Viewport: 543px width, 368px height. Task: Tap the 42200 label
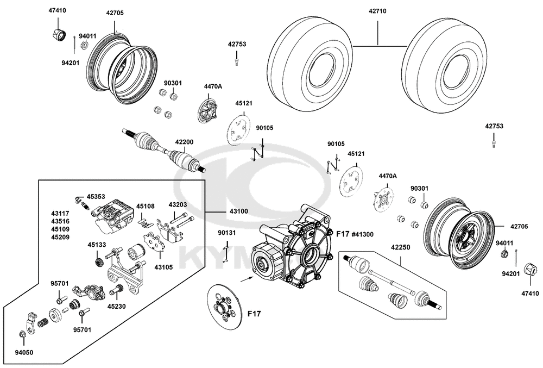pyautogui.click(x=184, y=142)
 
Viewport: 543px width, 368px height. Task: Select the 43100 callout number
pyautogui.click(x=234, y=211)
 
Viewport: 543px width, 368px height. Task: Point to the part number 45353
pyautogui.click(x=97, y=196)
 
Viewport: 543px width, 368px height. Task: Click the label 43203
pyautogui.click(x=178, y=205)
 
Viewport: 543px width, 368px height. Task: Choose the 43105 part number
pyautogui.click(x=164, y=267)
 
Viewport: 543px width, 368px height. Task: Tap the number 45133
pyautogui.click(x=97, y=245)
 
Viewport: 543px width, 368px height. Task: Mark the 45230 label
pyautogui.click(x=117, y=306)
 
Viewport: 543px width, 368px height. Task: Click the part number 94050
pyautogui.click(x=24, y=352)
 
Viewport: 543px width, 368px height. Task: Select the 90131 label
pyautogui.click(x=227, y=233)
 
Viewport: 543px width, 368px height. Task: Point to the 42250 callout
pyautogui.click(x=401, y=246)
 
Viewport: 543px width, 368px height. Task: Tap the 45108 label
pyautogui.click(x=145, y=206)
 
